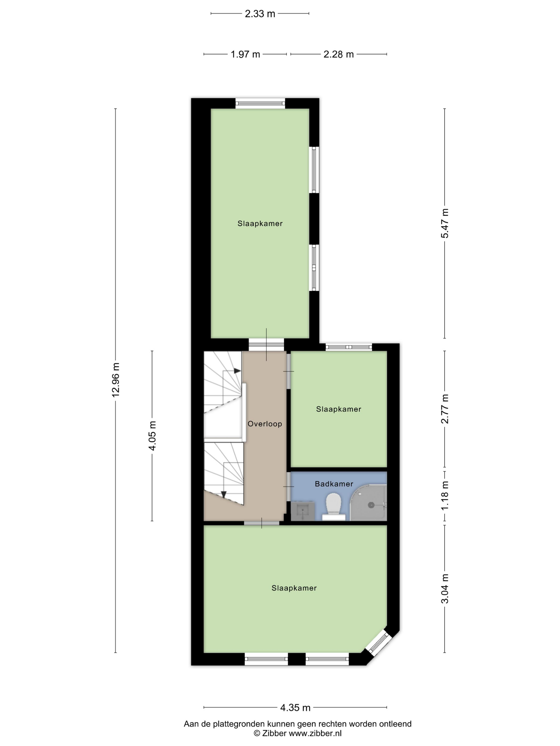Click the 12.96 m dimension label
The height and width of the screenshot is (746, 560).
[116, 380]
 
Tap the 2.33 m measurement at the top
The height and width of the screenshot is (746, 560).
[260, 14]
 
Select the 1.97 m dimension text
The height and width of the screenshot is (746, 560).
[245, 54]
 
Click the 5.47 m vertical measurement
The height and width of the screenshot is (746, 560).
[445, 223]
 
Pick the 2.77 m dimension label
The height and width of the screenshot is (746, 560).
[445, 408]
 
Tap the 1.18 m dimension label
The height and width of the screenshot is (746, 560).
[445, 495]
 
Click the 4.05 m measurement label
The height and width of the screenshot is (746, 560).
[153, 436]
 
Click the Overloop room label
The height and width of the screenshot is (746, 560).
[265, 424]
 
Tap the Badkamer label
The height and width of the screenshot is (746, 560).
[334, 484]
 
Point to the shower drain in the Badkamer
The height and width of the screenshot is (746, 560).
[371, 505]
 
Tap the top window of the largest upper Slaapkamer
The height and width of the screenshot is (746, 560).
[260, 103]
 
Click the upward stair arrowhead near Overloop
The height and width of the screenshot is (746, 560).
[238, 371]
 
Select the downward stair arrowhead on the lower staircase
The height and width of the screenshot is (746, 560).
[223, 494]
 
